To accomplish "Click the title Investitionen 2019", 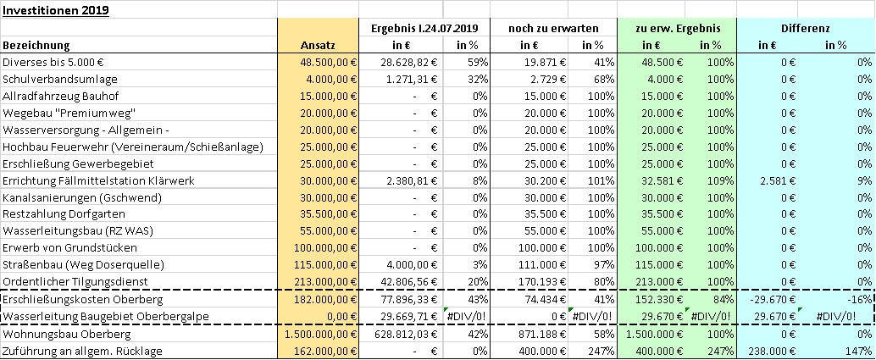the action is click(x=56, y=11).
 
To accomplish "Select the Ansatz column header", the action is click(x=318, y=45).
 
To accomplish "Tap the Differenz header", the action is click(x=806, y=28).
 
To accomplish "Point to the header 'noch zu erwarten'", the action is click(x=553, y=28).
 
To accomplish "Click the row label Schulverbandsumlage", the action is click(x=60, y=80).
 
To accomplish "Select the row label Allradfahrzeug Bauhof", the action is click(x=61, y=97).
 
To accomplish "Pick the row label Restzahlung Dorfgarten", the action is click(x=64, y=214).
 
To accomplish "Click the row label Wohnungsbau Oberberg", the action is click(x=67, y=335).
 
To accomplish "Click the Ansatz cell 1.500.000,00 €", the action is click(x=319, y=335).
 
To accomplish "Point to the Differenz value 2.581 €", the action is click(x=773, y=180).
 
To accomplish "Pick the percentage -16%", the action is click(x=861, y=300).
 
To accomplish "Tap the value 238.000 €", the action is click(x=771, y=352).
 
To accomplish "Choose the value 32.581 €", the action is click(x=660, y=180).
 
